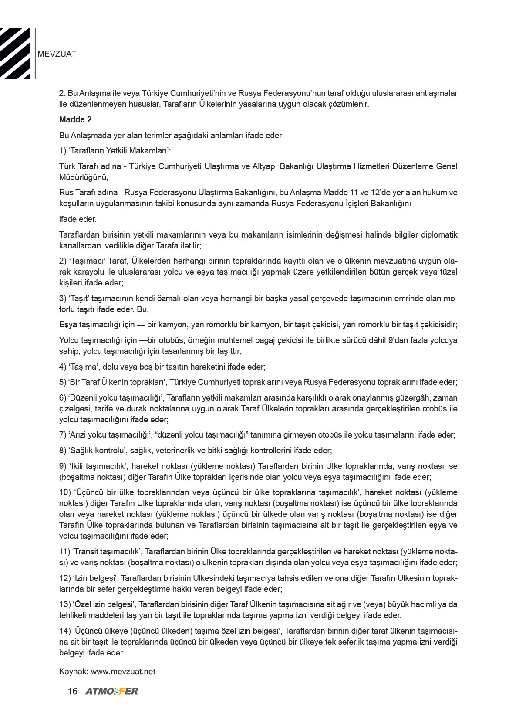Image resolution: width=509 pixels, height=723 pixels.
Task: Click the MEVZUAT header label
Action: click(x=57, y=54)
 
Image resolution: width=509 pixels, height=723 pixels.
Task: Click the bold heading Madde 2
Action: click(x=75, y=119)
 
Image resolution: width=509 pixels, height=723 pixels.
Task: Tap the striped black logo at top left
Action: click(x=16, y=54)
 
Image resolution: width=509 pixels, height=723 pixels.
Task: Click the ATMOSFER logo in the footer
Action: click(x=112, y=691)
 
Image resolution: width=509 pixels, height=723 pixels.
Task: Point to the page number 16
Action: click(x=72, y=691)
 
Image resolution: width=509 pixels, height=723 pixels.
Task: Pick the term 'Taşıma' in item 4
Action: click(x=83, y=367)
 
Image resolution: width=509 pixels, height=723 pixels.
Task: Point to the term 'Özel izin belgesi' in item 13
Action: click(x=103, y=604)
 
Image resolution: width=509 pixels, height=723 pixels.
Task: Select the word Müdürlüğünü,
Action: click(x=84, y=177)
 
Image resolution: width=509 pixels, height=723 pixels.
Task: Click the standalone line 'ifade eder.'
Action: click(x=78, y=219)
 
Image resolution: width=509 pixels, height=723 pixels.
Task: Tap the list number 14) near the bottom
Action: click(x=64, y=631)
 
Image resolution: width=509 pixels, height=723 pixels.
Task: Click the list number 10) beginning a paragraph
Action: click(x=64, y=492)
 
